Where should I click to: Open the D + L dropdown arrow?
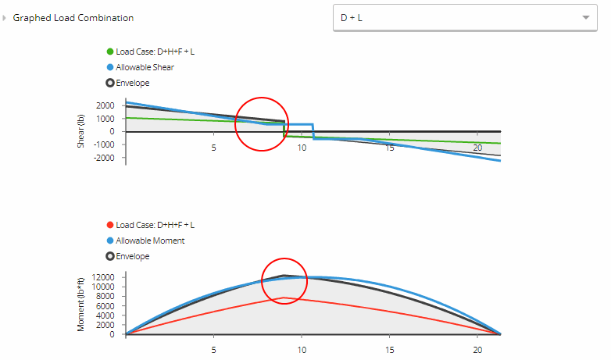click(585, 17)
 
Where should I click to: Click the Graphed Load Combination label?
click(73, 18)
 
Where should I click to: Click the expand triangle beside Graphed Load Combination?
click(5, 18)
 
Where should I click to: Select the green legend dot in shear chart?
click(110, 52)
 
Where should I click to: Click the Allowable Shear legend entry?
click(145, 67)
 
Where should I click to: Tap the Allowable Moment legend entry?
click(150, 241)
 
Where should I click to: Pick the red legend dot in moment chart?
click(110, 226)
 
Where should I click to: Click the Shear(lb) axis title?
click(80, 132)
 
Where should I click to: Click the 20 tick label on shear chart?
click(477, 148)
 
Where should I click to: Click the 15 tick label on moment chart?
click(389, 350)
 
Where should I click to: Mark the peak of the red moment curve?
click(285, 298)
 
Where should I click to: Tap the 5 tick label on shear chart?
click(213, 148)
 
